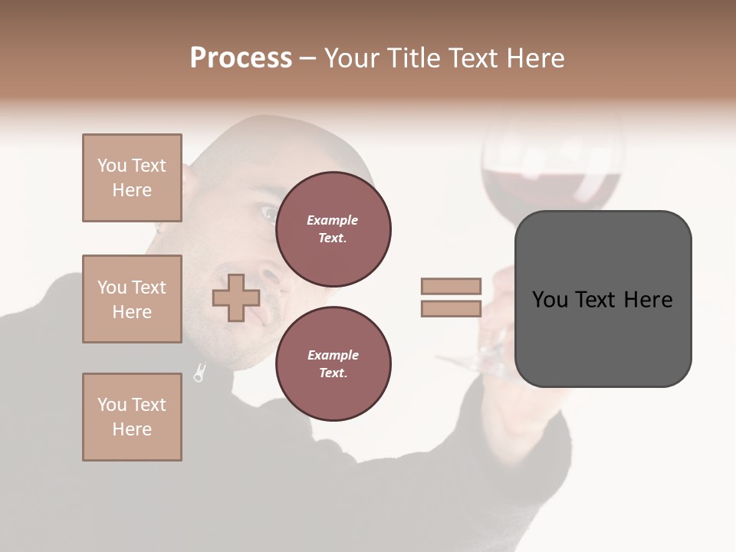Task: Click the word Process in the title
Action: pos(241,58)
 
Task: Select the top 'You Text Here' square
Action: pos(132,178)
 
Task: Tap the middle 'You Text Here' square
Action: pos(132,299)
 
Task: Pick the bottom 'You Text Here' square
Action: pos(132,417)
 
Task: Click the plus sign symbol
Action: pos(235,298)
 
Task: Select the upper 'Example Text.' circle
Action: pos(333,229)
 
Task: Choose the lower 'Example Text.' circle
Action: pos(333,364)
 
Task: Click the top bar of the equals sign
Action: pos(451,287)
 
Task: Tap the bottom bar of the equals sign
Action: pos(451,309)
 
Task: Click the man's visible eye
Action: pos(268,212)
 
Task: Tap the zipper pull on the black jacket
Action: pos(199,375)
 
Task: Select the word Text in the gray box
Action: pos(596,300)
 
